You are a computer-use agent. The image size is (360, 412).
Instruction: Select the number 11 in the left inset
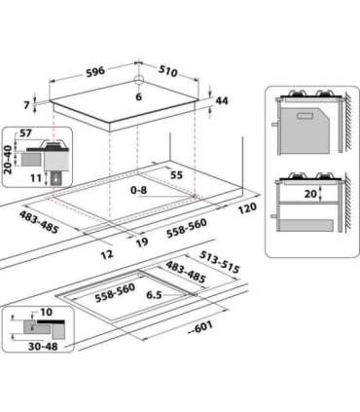click(x=37, y=178)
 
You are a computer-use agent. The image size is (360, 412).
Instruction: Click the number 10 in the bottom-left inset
click(x=47, y=314)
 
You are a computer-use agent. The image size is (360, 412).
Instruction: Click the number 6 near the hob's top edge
click(x=138, y=97)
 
